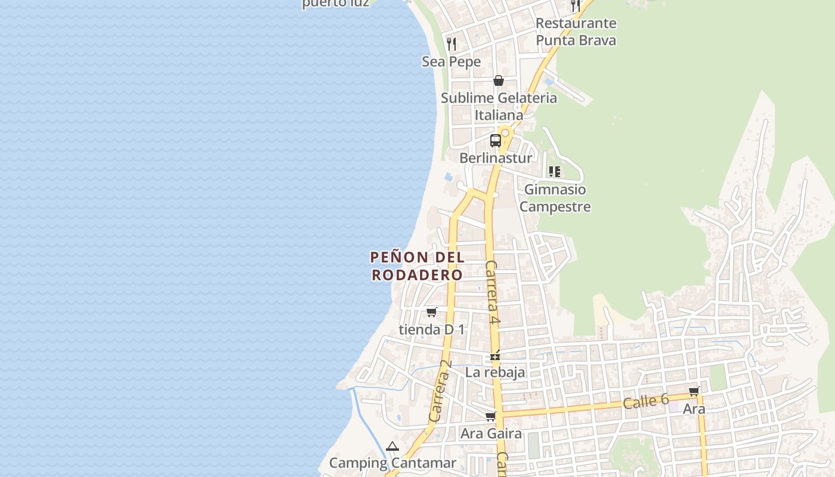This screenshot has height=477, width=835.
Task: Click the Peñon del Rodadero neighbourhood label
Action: click(417, 266)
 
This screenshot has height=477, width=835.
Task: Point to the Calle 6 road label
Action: click(646, 401)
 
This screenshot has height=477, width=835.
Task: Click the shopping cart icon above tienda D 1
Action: click(432, 312)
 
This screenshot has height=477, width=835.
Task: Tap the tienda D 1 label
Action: click(432, 329)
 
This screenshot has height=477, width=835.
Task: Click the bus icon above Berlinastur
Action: click(496, 141)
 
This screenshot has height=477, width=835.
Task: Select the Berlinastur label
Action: click(496, 158)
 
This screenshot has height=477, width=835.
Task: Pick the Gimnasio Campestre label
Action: click(555, 198)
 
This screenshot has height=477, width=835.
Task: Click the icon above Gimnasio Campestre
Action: click(555, 172)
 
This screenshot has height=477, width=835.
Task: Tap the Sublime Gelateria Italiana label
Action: click(499, 106)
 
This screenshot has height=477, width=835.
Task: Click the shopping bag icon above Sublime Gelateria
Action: click(499, 80)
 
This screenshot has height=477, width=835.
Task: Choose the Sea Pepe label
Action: click(451, 61)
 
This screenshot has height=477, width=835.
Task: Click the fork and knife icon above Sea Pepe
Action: click(451, 44)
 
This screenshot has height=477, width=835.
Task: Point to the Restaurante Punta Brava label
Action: click(576, 32)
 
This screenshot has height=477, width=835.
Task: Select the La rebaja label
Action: click(495, 372)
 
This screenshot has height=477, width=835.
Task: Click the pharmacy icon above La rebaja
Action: click(494, 356)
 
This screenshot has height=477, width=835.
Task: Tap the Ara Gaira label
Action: click(491, 433)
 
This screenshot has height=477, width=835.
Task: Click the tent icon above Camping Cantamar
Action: click(392, 446)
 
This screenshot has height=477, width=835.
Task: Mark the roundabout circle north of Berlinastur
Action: click(506, 132)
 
